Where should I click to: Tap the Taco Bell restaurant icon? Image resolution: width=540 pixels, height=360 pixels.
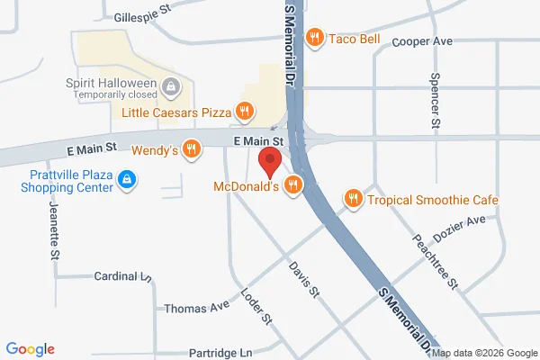click(314, 38)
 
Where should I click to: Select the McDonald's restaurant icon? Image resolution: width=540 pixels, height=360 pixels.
click(292, 185)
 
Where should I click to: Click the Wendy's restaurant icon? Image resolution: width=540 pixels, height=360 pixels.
click(191, 149)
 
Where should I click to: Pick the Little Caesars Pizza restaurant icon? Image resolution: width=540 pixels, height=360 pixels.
click(244, 112)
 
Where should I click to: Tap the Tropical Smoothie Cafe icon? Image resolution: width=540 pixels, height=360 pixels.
click(354, 198)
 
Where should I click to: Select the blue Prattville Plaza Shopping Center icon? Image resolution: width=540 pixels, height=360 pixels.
click(128, 180)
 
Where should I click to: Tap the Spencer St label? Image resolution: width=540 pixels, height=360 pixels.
click(436, 101)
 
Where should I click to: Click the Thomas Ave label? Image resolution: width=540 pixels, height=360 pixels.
click(197, 308)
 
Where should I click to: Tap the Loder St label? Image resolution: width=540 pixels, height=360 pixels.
click(256, 306)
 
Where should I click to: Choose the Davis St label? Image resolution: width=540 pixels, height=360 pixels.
click(304, 279)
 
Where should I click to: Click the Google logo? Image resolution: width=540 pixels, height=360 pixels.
click(30, 349)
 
